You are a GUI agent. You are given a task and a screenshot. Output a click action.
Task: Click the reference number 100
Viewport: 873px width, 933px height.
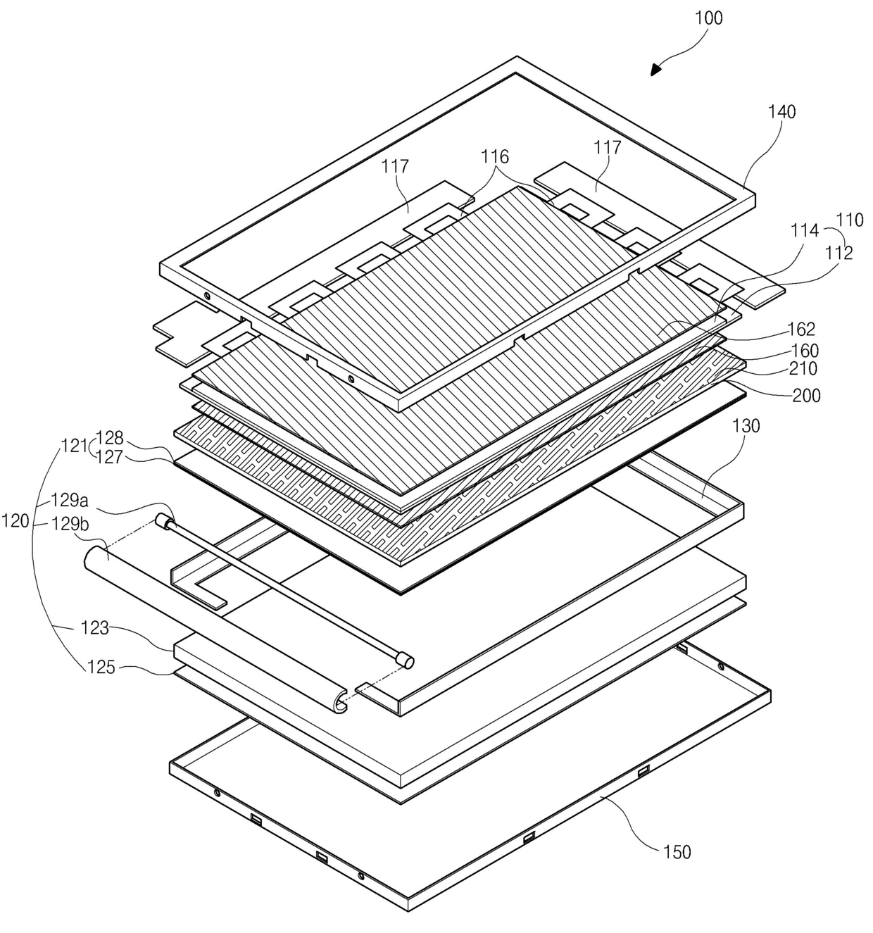[x=708, y=18]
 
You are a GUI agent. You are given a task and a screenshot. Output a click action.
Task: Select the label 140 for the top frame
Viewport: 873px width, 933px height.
[x=781, y=111]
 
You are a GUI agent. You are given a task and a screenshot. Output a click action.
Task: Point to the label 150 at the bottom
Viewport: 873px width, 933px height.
[x=677, y=851]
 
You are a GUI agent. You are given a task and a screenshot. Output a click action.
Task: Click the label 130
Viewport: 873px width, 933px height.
[x=746, y=425]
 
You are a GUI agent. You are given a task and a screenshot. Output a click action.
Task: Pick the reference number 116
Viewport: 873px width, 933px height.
[x=495, y=156]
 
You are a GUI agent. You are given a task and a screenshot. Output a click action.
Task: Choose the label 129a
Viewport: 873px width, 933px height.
[x=69, y=501]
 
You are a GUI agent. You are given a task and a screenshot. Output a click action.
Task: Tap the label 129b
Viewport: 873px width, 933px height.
[x=69, y=522]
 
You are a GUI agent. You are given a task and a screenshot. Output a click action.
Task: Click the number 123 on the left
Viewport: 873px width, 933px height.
[x=94, y=627]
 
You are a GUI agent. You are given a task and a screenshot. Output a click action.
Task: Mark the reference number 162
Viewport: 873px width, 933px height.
[x=802, y=329]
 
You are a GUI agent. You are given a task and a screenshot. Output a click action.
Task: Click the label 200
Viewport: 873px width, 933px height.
[x=806, y=395]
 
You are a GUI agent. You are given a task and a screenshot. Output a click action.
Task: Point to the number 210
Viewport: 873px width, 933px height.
[x=802, y=368]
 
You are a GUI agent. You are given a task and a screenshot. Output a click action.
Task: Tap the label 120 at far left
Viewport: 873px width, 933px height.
[x=15, y=521]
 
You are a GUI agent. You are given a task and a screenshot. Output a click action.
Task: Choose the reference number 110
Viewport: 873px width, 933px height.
[x=849, y=220]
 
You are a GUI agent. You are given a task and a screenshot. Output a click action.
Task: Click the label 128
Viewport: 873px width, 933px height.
[x=110, y=437]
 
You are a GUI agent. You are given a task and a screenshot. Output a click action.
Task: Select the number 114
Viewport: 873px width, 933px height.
[x=805, y=230]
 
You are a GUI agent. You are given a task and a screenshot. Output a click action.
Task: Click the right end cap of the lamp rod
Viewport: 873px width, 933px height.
[x=405, y=660]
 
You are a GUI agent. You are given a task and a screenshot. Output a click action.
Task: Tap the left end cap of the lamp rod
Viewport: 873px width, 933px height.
[x=163, y=522]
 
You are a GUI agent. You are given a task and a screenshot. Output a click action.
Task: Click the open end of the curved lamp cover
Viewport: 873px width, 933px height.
[x=341, y=701]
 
